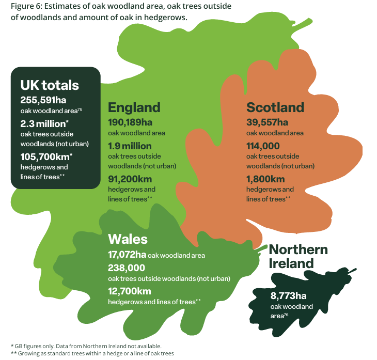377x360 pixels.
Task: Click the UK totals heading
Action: pyautogui.click(x=50, y=85)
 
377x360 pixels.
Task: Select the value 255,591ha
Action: pyautogui.click(x=43, y=100)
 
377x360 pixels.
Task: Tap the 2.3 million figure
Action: pyautogui.click(x=44, y=124)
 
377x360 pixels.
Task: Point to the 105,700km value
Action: pyautogui.click(x=46, y=156)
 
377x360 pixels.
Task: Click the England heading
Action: pyautogui.click(x=134, y=107)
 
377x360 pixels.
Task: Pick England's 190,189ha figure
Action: pyautogui.click(x=130, y=122)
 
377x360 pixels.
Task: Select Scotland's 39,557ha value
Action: pyautogui.click(x=267, y=122)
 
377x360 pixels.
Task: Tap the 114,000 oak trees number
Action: pyautogui.click(x=263, y=146)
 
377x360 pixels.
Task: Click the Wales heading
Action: pyautogui.click(x=128, y=239)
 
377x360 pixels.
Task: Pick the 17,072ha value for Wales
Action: pyautogui.click(x=127, y=255)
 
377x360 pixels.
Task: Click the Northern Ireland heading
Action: pyautogui.click(x=298, y=256)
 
